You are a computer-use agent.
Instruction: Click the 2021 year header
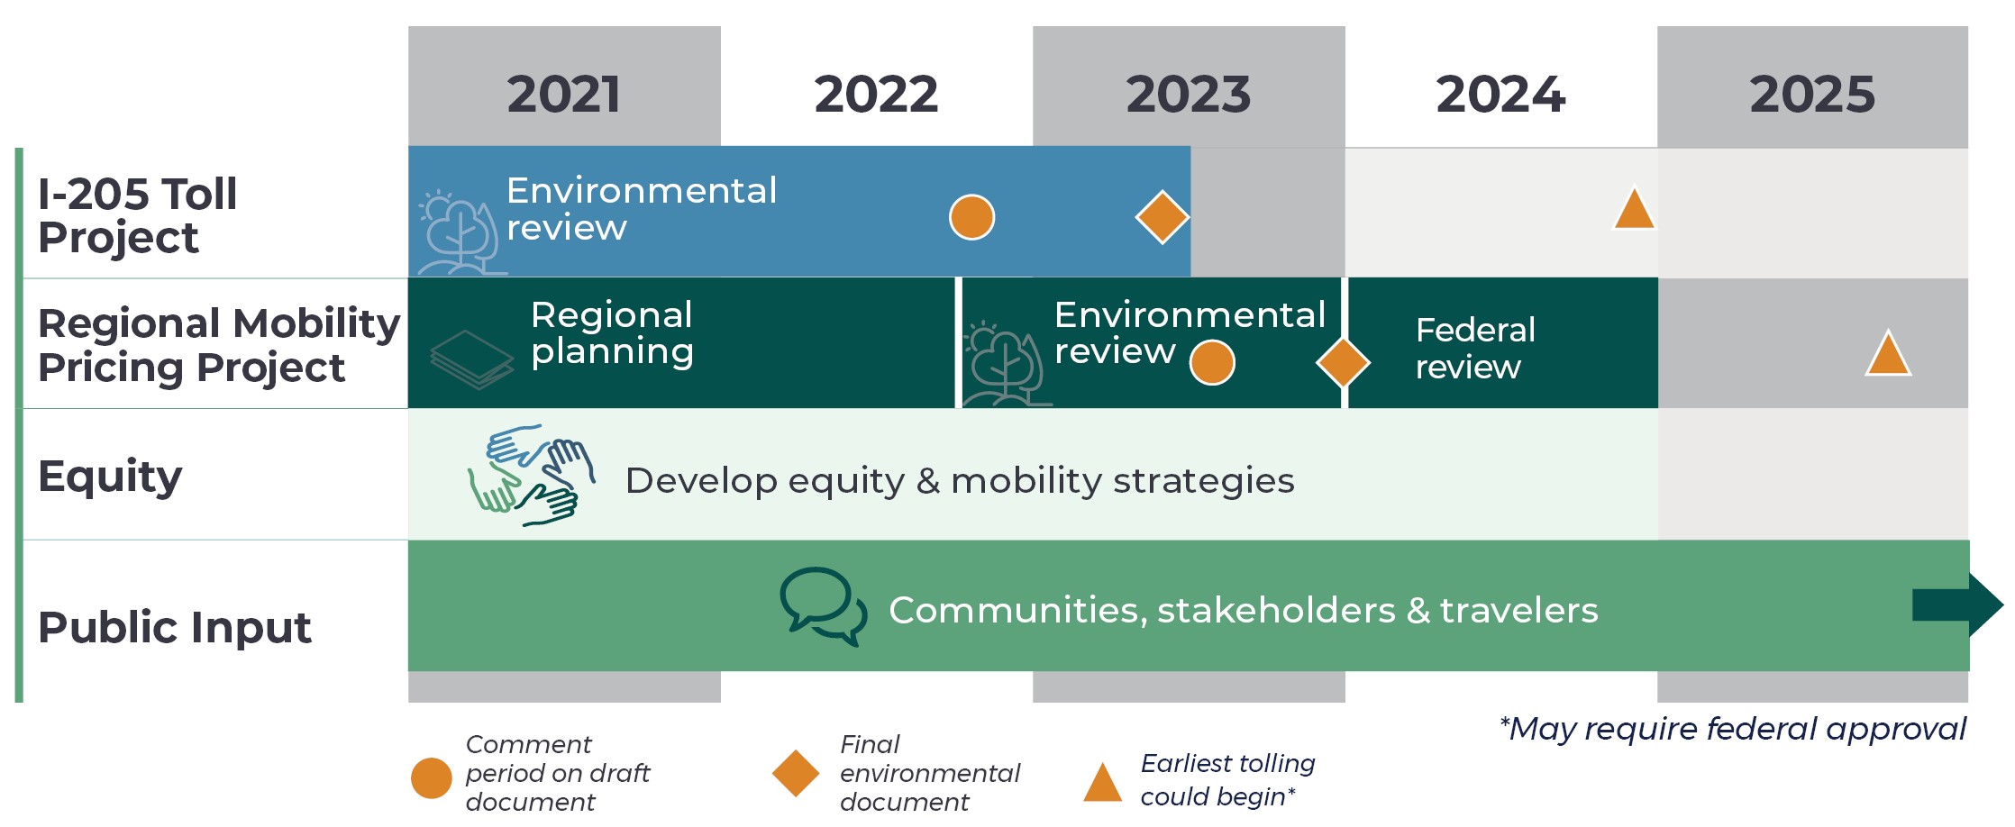[564, 95]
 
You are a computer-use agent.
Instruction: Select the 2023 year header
[1189, 95]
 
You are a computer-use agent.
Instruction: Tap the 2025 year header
[1812, 95]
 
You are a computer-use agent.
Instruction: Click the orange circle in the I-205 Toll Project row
[971, 217]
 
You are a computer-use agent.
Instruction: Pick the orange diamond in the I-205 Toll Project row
[1162, 217]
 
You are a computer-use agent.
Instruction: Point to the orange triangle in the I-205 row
[1634, 208]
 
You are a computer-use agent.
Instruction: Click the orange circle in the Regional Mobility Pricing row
[1212, 362]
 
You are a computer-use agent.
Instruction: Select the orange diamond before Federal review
[1343, 362]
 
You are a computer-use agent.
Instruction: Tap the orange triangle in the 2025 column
[1888, 353]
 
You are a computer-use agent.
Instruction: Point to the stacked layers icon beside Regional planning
[471, 359]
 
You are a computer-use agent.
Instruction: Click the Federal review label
[1475, 349]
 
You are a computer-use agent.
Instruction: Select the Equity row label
[110, 477]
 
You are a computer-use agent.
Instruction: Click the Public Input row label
[175, 627]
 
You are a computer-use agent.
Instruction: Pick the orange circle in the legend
[432, 778]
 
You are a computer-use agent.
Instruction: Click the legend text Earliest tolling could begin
[1227, 780]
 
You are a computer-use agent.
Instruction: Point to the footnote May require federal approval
[1732, 729]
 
